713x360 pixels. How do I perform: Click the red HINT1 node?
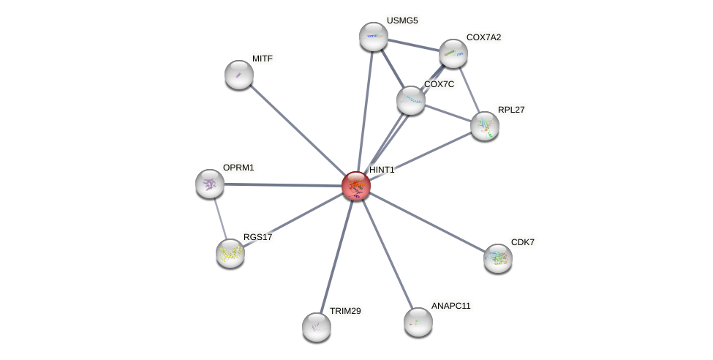356,186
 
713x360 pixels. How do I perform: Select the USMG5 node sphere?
374,37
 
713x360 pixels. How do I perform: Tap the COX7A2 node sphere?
453,53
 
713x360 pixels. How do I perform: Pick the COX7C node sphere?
411,100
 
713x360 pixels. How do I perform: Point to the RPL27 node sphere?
485,126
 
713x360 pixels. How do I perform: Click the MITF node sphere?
239,75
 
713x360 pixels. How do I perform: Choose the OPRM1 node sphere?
210,184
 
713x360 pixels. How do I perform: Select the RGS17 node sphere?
230,253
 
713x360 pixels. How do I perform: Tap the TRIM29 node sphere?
317,327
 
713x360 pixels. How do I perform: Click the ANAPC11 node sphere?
418,322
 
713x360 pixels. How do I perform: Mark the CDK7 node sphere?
498,258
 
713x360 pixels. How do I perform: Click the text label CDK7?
523,242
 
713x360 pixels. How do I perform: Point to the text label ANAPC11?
450,306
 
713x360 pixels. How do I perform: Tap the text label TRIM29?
345,311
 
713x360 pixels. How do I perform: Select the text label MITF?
263,59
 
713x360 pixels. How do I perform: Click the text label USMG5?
402,20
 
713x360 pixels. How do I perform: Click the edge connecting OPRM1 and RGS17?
219,217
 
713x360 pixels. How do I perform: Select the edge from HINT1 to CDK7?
427,222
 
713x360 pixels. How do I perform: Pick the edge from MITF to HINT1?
298,130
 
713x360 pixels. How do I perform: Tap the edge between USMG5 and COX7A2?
413,45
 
